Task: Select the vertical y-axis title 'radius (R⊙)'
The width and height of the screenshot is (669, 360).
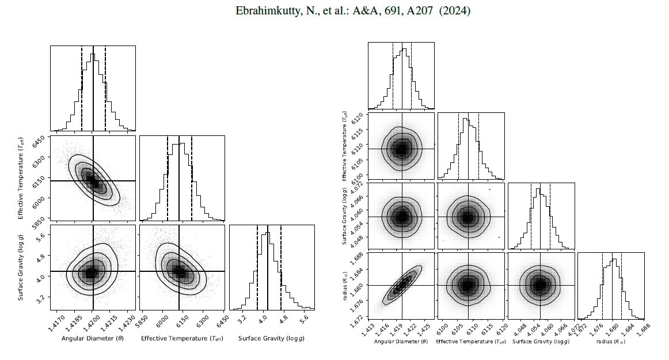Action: [344, 285]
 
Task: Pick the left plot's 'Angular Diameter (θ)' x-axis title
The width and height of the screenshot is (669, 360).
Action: [92, 338]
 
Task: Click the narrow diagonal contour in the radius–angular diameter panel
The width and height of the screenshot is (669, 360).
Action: [402, 285]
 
